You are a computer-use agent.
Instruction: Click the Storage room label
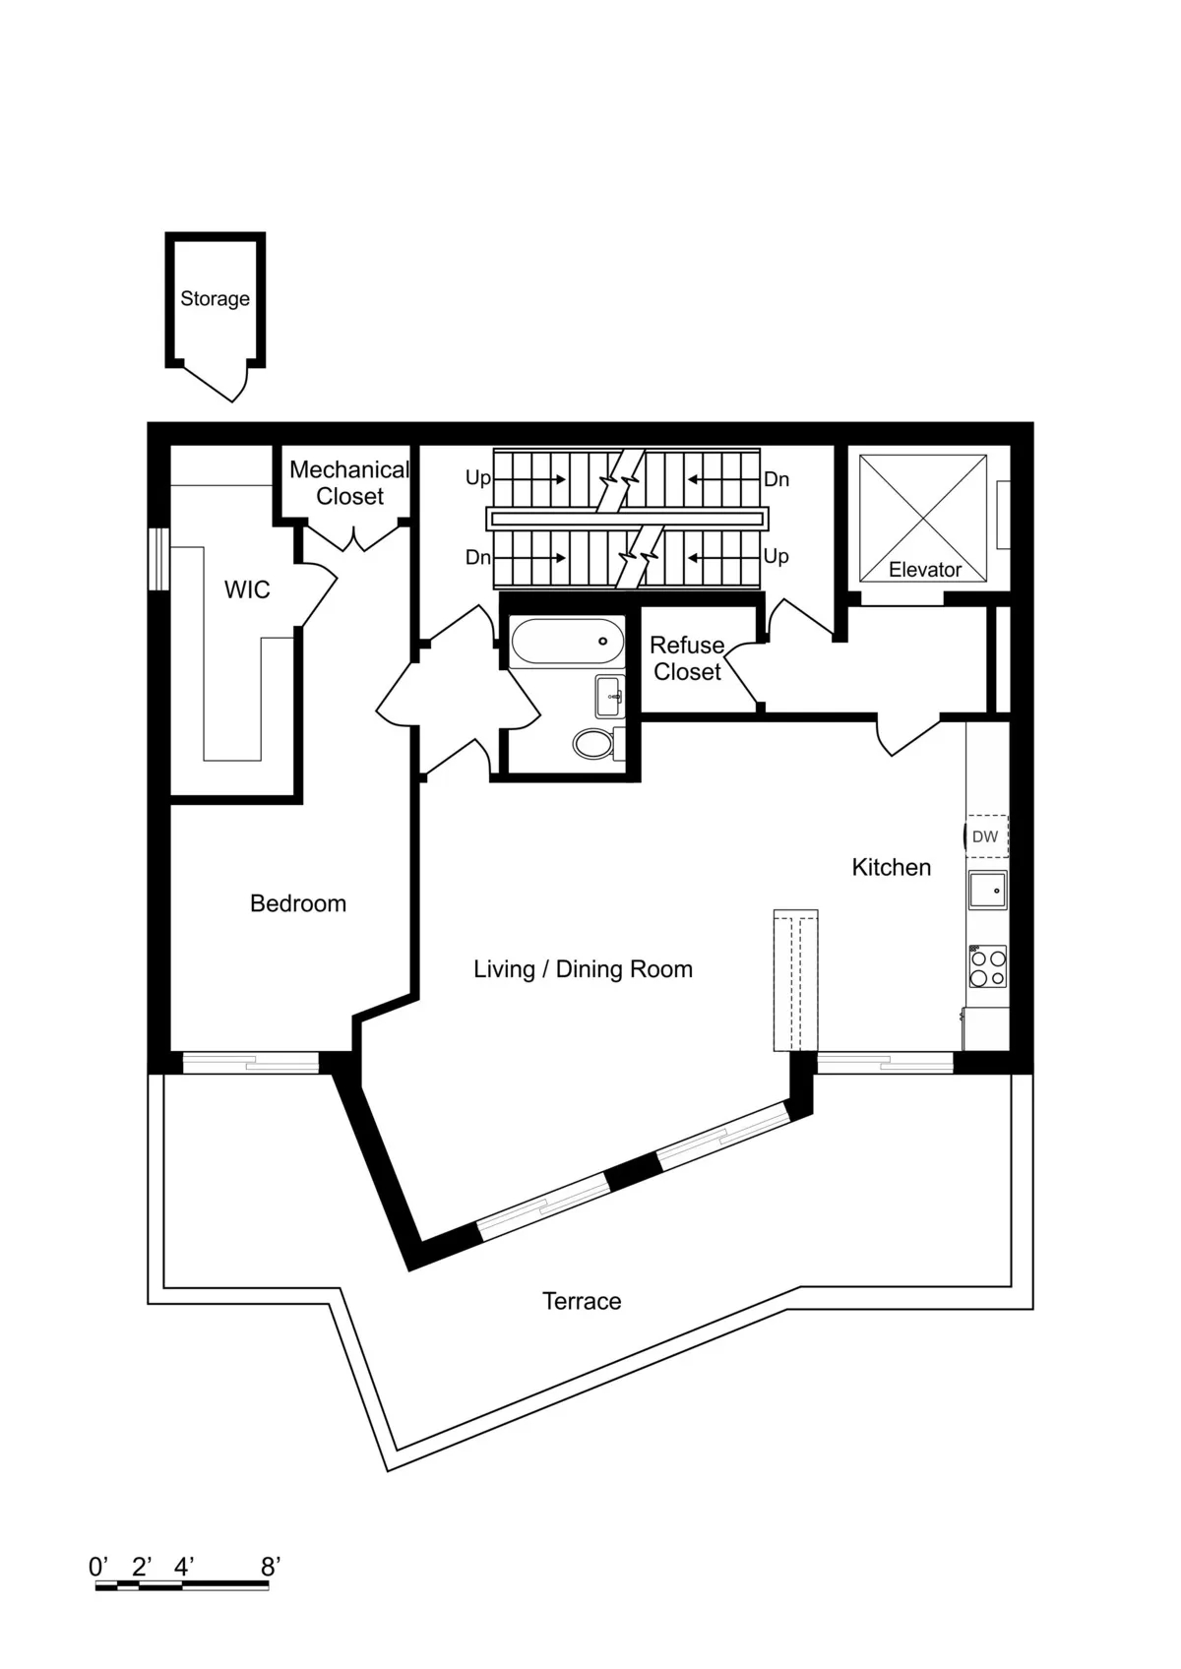[215, 298]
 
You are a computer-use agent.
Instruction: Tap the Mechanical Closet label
[349, 483]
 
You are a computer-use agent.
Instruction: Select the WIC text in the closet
[247, 589]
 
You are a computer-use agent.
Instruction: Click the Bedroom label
[298, 903]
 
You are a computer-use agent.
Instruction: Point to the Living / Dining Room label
[583, 969]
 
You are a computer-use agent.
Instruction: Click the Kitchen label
[891, 867]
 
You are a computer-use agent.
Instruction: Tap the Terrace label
[582, 1301]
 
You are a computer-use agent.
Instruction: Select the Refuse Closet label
[687, 658]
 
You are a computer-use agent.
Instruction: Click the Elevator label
[924, 570]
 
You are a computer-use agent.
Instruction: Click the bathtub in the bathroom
[568, 642]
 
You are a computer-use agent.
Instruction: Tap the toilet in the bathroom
[593, 743]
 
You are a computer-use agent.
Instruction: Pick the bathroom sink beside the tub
[610, 696]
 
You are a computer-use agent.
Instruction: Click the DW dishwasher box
[985, 836]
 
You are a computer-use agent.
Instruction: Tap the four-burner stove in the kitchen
[987, 966]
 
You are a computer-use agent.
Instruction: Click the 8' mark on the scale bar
[271, 1566]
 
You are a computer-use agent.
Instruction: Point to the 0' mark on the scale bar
[98, 1566]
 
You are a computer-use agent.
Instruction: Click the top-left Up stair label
[477, 478]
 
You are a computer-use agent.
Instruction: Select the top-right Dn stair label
[777, 479]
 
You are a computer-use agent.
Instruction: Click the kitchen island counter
[795, 980]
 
